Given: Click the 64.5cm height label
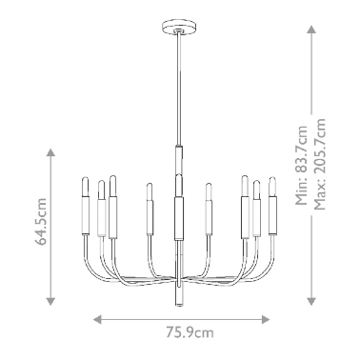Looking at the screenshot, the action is coord(41,222).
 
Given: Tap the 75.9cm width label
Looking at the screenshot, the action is coord(190,332).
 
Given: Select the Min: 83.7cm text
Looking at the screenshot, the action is coord(301,165).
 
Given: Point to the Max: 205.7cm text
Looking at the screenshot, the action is coord(319,164).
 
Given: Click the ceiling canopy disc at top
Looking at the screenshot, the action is coord(179,27).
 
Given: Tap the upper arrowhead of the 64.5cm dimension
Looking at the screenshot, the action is coord(50,152).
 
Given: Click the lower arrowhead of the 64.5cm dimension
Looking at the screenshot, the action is coord(50,301).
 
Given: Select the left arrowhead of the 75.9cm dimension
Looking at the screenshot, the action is coord(97,319).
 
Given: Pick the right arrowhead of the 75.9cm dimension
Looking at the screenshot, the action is coord(266,319).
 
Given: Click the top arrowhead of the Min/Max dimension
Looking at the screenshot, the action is coord(311,30).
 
